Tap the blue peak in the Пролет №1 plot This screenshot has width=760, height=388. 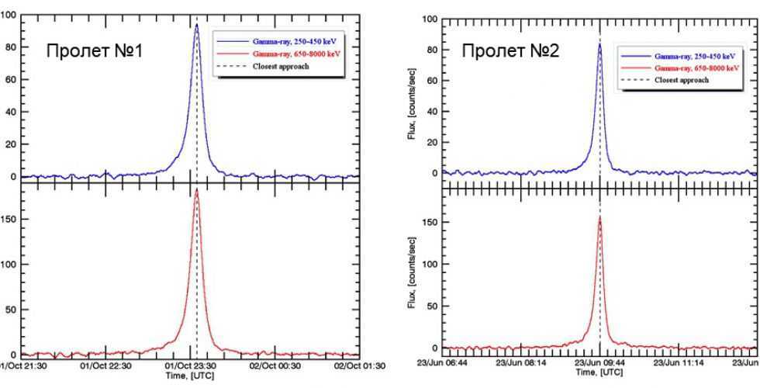pyautogui.click(x=196, y=25)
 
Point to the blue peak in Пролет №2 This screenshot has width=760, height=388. pyautogui.click(x=599, y=44)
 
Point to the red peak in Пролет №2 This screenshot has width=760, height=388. pyautogui.click(x=599, y=218)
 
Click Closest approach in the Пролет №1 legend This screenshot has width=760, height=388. pyautogui.click(x=281, y=67)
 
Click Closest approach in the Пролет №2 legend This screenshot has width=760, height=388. pyautogui.click(x=682, y=80)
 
